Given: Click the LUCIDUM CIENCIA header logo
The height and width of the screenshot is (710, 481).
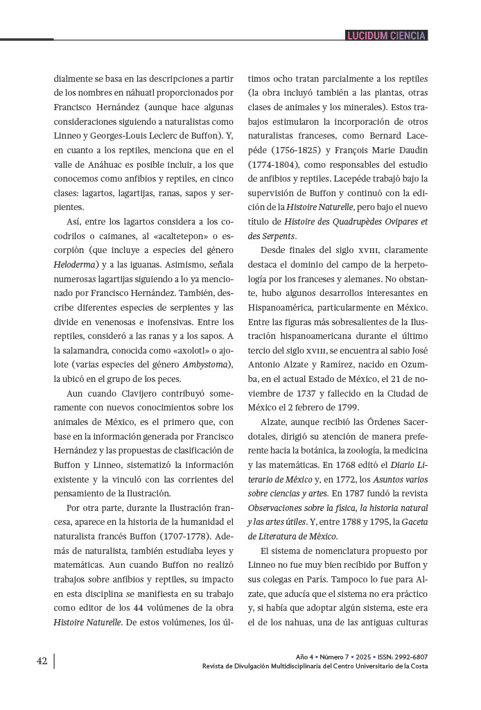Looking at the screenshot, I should tap(387, 35).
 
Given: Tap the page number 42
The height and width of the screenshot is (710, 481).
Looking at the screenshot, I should tap(42, 661).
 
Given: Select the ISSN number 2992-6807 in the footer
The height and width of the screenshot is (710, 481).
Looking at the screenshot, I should tap(412, 656).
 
